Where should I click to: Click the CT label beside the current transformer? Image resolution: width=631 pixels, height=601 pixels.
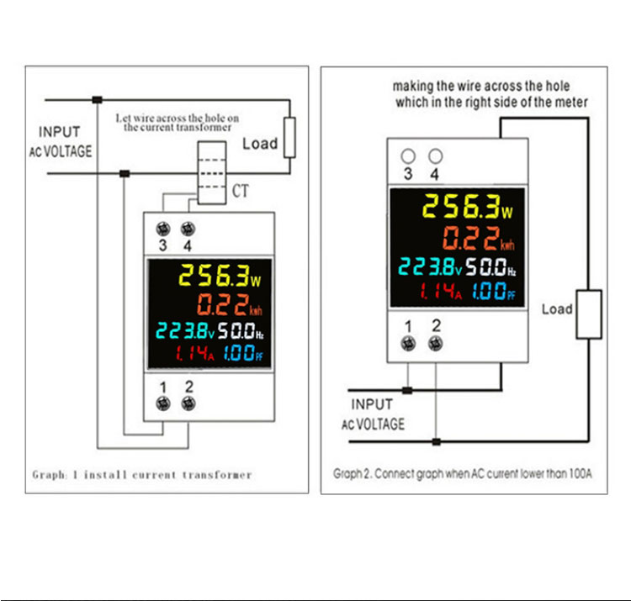(x=241, y=191)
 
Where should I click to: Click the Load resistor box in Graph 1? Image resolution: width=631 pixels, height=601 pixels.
(x=289, y=138)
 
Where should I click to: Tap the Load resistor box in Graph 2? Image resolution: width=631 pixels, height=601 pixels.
(x=589, y=314)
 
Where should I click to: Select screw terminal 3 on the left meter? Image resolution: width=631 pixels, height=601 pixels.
(x=163, y=229)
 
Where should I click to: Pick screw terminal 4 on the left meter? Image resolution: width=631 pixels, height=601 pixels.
(x=188, y=229)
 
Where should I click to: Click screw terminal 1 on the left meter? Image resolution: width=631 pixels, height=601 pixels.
(x=163, y=403)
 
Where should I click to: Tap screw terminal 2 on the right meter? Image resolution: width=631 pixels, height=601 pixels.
(x=436, y=344)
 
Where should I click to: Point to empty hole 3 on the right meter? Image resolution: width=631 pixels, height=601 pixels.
(x=408, y=156)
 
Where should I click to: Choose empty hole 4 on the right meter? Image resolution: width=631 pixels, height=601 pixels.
(x=436, y=156)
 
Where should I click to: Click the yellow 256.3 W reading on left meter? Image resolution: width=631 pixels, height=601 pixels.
(x=220, y=276)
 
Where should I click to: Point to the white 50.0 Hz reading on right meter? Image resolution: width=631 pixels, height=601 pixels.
(x=491, y=267)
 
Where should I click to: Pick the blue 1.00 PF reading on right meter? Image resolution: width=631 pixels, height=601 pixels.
(x=494, y=291)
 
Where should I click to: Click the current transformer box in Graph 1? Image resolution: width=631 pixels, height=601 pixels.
(x=212, y=173)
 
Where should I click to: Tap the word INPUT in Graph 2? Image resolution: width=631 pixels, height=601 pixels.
(x=372, y=404)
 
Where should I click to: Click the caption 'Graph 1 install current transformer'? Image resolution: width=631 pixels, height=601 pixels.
(x=142, y=475)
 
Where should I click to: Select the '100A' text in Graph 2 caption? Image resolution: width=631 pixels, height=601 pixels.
(x=581, y=473)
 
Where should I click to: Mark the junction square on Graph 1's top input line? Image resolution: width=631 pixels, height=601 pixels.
(x=98, y=100)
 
